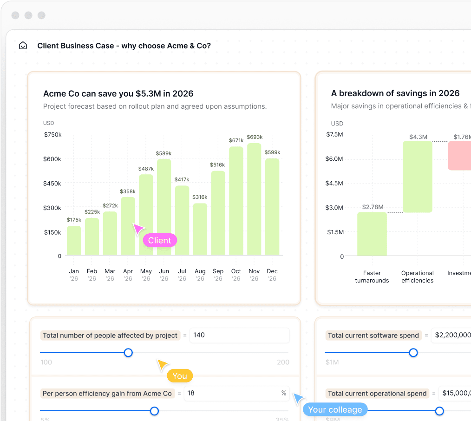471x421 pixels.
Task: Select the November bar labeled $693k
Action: tap(254, 199)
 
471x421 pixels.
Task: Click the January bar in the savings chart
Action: tap(74, 240)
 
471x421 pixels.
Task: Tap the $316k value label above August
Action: tap(200, 197)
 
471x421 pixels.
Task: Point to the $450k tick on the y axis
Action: tap(52, 183)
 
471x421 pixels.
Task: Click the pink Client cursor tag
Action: tap(160, 240)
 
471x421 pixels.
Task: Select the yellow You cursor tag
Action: tap(179, 376)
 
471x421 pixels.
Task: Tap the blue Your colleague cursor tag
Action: tap(335, 409)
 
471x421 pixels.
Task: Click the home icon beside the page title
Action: tap(23, 46)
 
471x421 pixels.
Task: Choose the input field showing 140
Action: tap(239, 335)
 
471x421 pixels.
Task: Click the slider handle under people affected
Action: tap(128, 353)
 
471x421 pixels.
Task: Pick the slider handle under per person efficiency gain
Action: tap(154, 411)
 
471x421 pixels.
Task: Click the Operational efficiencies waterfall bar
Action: tap(417, 177)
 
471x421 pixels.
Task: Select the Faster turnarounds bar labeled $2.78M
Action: tap(372, 234)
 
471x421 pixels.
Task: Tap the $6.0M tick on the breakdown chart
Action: tap(334, 158)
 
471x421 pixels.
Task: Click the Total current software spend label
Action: tap(373, 335)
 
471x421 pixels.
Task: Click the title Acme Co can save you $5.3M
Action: tap(118, 93)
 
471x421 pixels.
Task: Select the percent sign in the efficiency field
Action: tap(283, 393)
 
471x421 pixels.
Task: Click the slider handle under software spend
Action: tap(413, 353)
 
